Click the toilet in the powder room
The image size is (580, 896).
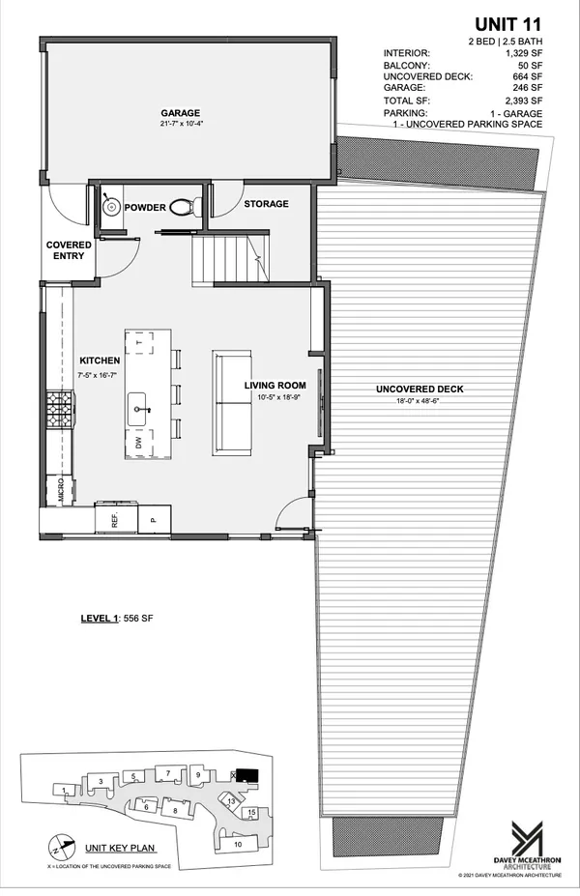(184, 205)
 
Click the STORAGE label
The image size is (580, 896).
(266, 205)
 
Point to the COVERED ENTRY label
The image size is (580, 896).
(70, 251)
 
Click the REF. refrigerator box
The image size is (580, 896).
(114, 520)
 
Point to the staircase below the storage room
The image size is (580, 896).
(228, 259)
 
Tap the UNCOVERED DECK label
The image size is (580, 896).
(420, 390)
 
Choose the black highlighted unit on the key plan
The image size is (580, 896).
(247, 775)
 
